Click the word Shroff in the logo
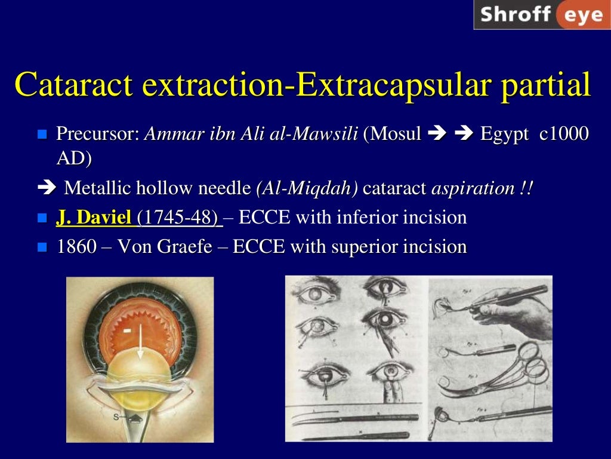tap(515, 14)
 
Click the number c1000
tap(564, 133)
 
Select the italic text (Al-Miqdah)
tap(307, 188)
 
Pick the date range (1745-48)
tap(178, 218)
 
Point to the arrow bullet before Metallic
tap(45, 189)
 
